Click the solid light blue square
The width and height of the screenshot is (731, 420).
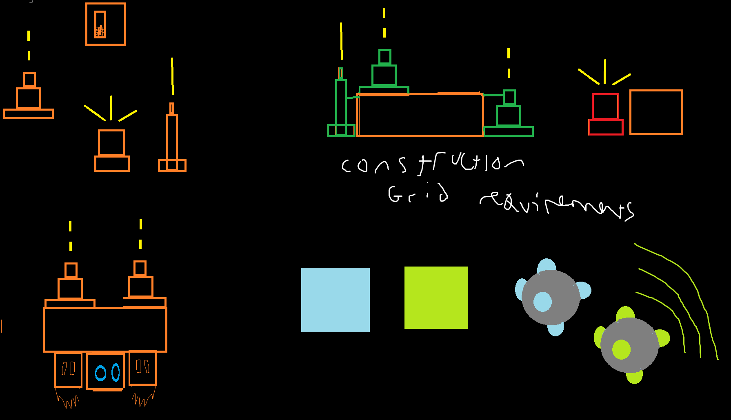(x=336, y=300)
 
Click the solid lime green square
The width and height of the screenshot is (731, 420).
(x=436, y=298)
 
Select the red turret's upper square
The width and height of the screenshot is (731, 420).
(x=606, y=107)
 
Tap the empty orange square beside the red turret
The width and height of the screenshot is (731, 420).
(x=656, y=112)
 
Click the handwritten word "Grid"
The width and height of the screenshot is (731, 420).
(x=418, y=194)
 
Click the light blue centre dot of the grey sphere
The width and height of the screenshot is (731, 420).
(x=542, y=302)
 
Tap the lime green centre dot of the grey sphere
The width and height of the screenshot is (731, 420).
(x=621, y=349)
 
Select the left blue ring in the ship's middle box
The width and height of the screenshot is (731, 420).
(x=100, y=373)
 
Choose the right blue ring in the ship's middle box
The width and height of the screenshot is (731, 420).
(x=116, y=372)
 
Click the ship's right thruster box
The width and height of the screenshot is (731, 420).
(x=143, y=367)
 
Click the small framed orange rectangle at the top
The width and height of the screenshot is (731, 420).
(x=100, y=24)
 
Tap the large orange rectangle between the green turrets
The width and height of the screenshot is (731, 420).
(x=420, y=115)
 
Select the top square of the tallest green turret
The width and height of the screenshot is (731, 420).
(x=384, y=57)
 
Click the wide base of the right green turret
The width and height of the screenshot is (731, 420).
(x=508, y=131)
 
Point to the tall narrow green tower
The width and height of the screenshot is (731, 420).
(x=341, y=102)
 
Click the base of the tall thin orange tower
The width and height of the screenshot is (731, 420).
(x=172, y=166)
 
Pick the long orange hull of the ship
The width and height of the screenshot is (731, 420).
(x=105, y=329)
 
